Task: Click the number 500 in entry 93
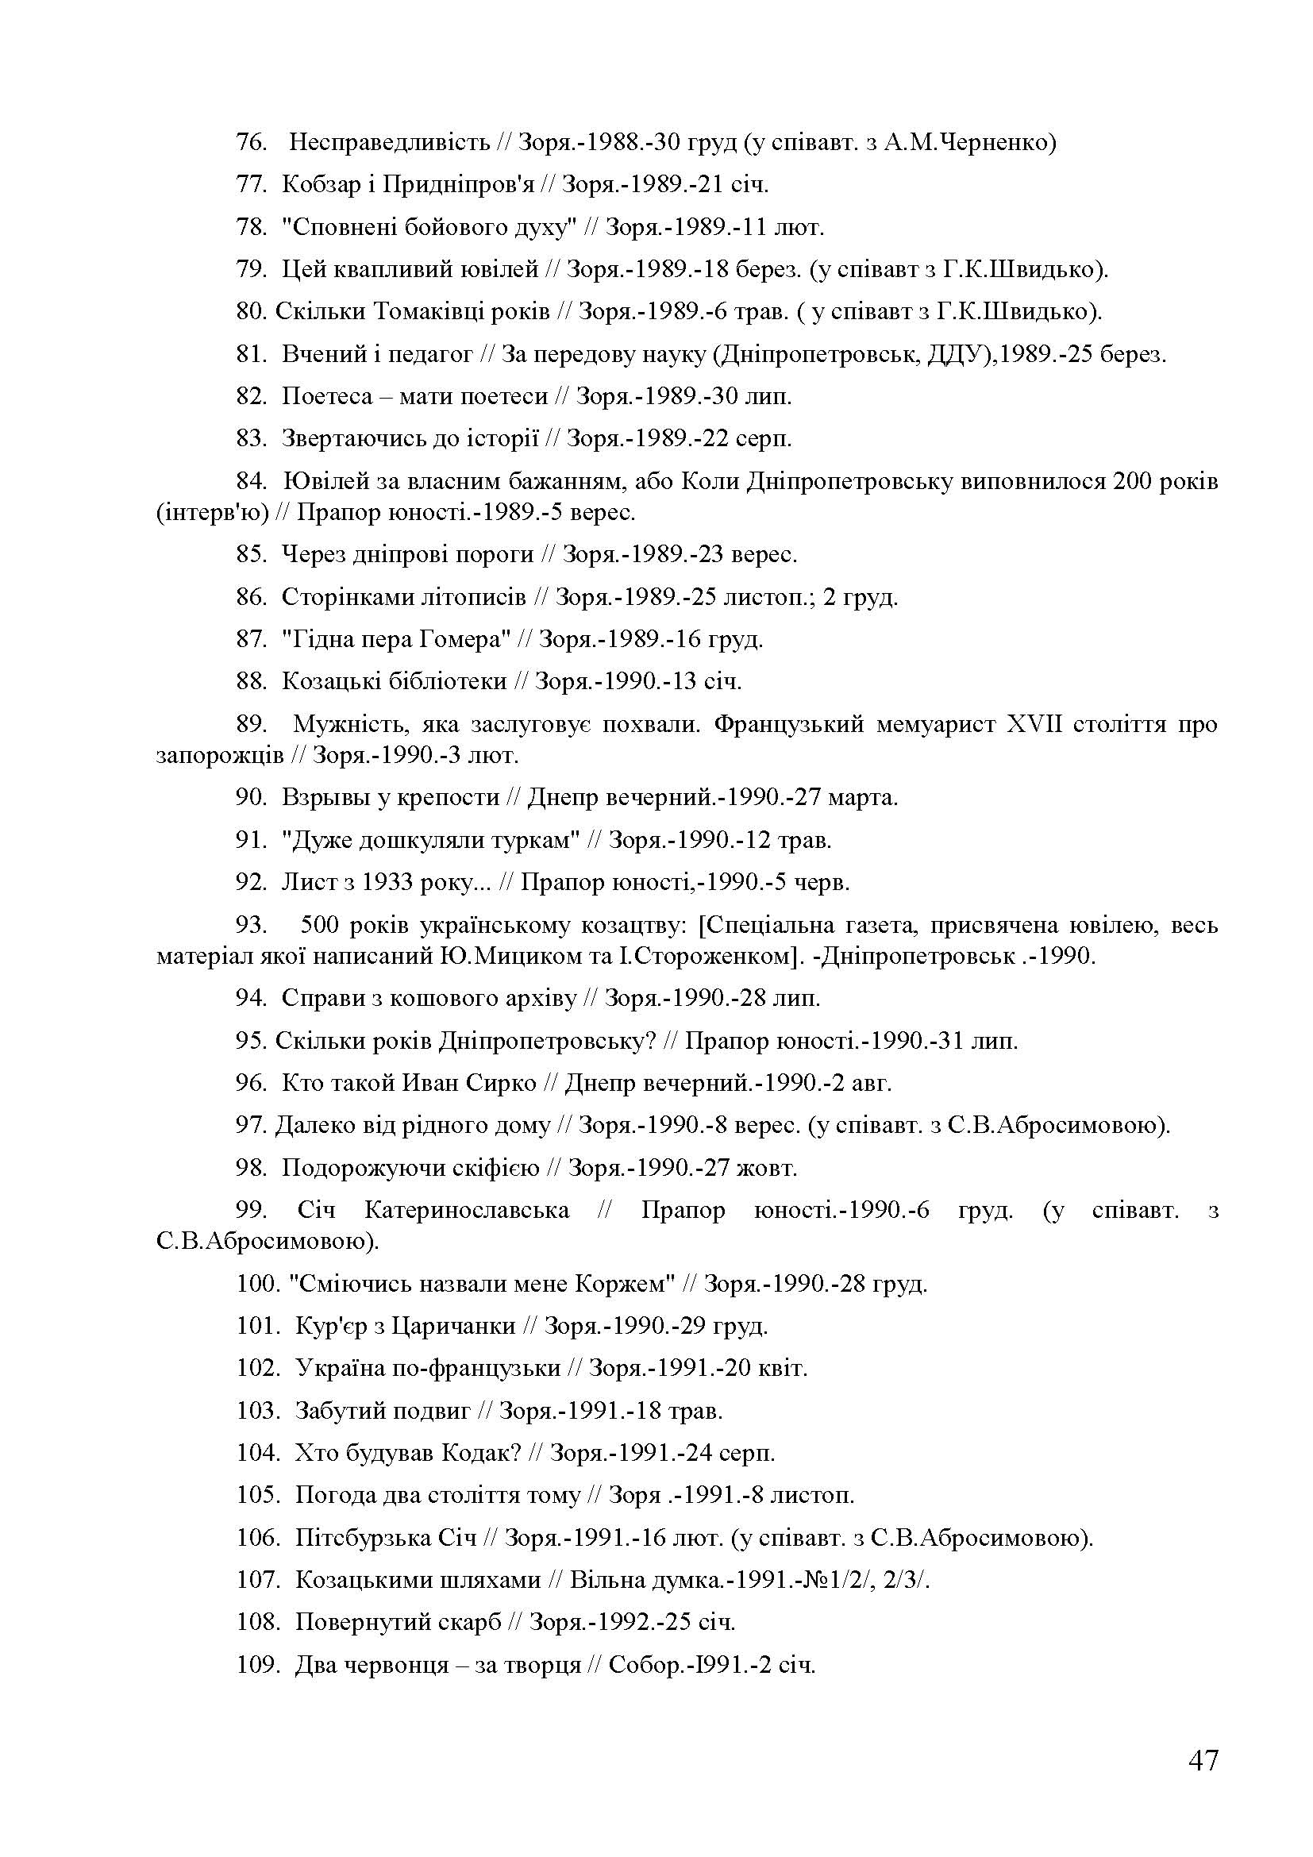tap(321, 924)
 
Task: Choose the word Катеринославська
tap(467, 1211)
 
